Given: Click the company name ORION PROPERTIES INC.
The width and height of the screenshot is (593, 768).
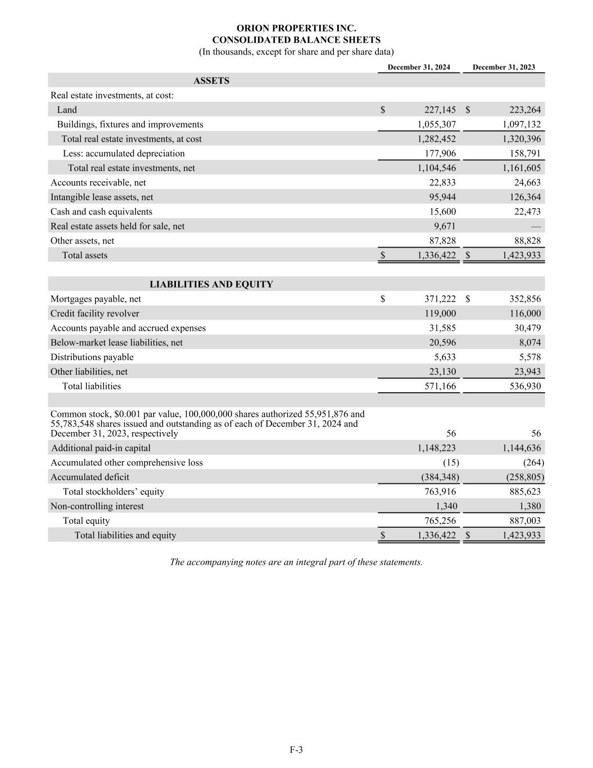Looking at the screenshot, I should pos(296,28).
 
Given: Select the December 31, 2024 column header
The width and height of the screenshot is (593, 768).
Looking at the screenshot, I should pos(419,68).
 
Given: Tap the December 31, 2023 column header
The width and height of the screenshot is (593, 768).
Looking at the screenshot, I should pos(504,68).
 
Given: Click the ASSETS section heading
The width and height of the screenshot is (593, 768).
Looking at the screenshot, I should pos(211,81).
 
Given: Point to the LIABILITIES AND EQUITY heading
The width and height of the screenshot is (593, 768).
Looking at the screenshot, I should pos(211,285).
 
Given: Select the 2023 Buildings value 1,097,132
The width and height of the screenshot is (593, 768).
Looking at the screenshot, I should pos(522,125).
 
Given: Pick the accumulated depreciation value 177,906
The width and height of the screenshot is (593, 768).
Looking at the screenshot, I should pos(440,154).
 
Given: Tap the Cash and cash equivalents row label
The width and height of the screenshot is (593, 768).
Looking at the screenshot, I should pos(101,212).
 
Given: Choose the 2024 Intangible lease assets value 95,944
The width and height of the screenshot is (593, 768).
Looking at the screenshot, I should pos(442,197).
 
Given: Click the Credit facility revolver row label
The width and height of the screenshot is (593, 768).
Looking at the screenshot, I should pos(95,314).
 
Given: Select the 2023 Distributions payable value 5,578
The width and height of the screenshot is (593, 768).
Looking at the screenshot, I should pos(528,357).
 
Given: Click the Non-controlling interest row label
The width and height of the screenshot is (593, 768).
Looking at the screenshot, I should pos(97,506).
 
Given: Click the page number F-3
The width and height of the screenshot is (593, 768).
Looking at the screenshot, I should pos(296,749).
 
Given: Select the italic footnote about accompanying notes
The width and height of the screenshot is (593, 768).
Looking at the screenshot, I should pos(296,562).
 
